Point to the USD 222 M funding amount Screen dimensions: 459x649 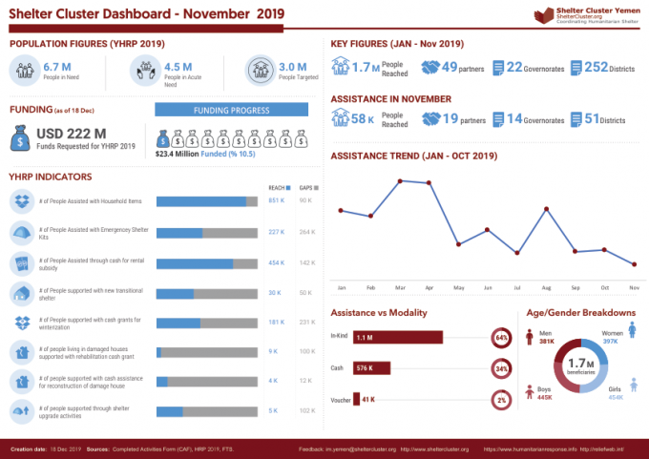[x=71, y=134]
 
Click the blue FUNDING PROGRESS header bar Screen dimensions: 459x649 [x=231, y=110]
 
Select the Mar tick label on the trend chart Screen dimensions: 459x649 [x=399, y=286]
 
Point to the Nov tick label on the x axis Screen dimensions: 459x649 [x=634, y=286]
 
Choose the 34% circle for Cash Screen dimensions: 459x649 [x=502, y=368]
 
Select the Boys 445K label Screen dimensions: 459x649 [x=543, y=394]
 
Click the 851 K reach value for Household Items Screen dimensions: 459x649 [x=276, y=200]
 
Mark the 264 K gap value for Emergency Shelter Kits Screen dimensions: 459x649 [x=306, y=232]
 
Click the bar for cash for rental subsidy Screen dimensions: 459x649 [x=206, y=263]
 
